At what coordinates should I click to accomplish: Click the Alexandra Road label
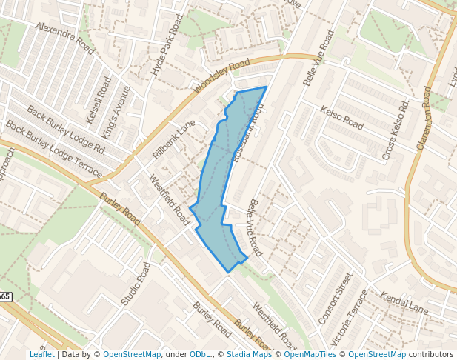(65, 39)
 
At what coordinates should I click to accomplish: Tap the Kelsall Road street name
(98, 99)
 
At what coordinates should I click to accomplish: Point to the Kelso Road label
(341, 118)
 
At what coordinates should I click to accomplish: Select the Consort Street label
(336, 298)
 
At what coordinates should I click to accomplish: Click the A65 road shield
(4, 296)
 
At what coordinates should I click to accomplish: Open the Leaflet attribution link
(41, 354)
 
